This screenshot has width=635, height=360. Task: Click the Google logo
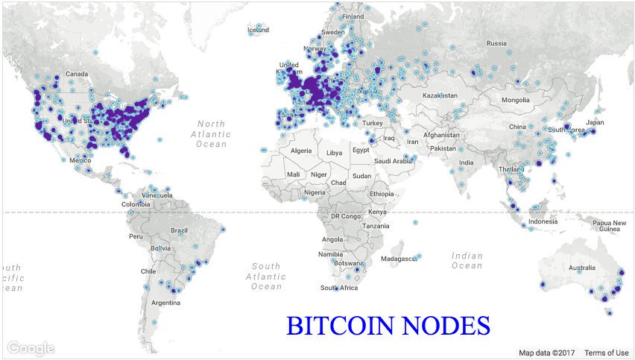(x=32, y=348)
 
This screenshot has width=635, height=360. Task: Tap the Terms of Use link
(x=606, y=353)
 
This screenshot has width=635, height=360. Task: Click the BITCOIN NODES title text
(x=388, y=326)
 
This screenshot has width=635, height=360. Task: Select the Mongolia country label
(x=515, y=100)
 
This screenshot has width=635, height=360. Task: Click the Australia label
(x=582, y=268)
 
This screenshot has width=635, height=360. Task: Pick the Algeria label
(x=300, y=151)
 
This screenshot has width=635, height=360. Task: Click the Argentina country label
(x=165, y=303)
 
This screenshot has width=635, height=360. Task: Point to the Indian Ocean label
(x=467, y=260)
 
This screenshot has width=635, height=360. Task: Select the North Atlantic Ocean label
(x=211, y=133)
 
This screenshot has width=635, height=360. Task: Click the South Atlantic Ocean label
(x=266, y=276)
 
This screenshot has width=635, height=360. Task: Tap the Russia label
(x=496, y=43)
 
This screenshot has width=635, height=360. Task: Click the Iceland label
(x=258, y=30)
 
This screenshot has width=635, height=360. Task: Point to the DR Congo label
(x=345, y=215)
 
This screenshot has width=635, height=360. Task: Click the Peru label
(x=136, y=236)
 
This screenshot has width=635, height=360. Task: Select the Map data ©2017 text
(x=548, y=353)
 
